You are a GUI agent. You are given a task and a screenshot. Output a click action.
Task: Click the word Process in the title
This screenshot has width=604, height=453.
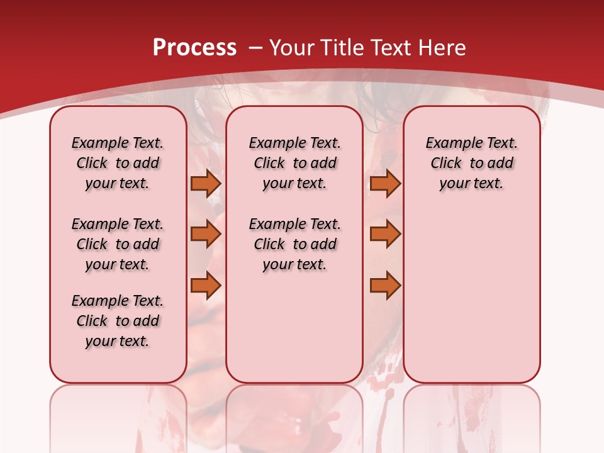(x=194, y=47)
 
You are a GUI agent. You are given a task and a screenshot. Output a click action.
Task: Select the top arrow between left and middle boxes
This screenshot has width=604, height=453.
(x=206, y=183)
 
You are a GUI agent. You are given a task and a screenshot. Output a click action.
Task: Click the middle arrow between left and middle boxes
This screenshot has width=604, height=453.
(x=206, y=234)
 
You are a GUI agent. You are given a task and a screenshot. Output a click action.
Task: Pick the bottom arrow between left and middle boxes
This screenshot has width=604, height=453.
(x=206, y=285)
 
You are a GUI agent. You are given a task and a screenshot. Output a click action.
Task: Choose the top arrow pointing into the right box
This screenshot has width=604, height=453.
(x=385, y=183)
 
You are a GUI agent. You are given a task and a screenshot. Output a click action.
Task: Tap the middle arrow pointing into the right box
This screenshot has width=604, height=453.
(x=385, y=234)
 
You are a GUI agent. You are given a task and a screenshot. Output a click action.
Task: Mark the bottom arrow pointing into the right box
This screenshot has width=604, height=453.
(x=385, y=285)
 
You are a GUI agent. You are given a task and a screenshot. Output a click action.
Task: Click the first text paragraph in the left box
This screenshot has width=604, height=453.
(x=118, y=163)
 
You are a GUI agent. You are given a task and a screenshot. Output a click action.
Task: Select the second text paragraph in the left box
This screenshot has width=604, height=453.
(x=118, y=244)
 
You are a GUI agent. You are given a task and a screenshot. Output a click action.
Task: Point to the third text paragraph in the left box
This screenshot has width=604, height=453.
(x=118, y=321)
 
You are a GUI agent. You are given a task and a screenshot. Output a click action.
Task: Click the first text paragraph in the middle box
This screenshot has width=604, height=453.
(x=294, y=163)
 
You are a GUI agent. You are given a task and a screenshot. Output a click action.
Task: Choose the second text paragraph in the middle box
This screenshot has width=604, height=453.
(x=294, y=244)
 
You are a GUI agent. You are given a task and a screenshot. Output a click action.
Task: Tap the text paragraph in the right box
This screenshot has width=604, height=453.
(x=472, y=163)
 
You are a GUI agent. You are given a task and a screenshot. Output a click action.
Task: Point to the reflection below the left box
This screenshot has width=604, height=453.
(x=118, y=415)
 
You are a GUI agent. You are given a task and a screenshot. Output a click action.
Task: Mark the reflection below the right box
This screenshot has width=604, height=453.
(x=472, y=415)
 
